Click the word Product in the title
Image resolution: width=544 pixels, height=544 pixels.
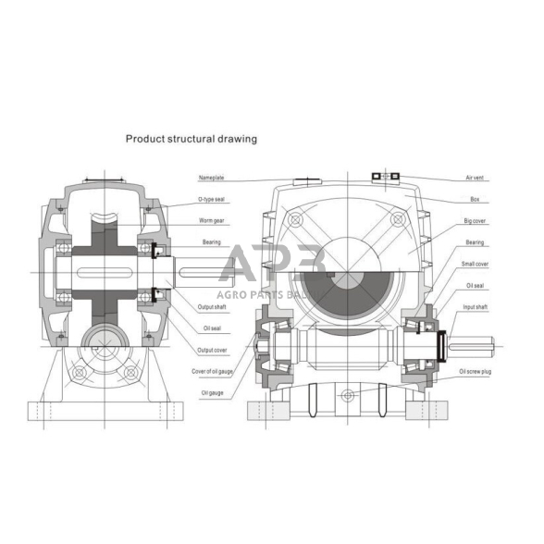[146, 139]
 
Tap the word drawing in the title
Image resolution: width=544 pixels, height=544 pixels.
[238, 139]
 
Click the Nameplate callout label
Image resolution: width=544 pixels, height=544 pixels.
[211, 177]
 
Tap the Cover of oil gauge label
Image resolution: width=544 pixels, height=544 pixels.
[214, 371]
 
